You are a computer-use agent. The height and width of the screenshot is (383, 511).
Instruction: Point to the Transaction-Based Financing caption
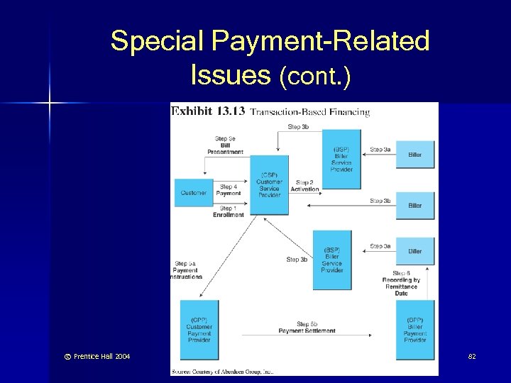pyautogui.click(x=310, y=111)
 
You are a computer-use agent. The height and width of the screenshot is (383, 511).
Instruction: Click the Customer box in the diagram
pyautogui.click(x=193, y=193)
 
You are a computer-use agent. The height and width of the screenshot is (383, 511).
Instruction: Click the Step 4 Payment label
pyautogui.click(x=229, y=190)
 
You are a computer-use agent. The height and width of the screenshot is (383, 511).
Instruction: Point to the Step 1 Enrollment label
pyautogui.click(x=229, y=211)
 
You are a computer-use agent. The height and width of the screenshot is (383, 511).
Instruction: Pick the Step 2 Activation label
pyautogui.click(x=304, y=187)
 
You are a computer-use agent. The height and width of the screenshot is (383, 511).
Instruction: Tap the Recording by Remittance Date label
pyautogui.click(x=401, y=284)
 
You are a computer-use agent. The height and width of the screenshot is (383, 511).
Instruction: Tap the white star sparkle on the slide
pyautogui.click(x=50, y=104)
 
